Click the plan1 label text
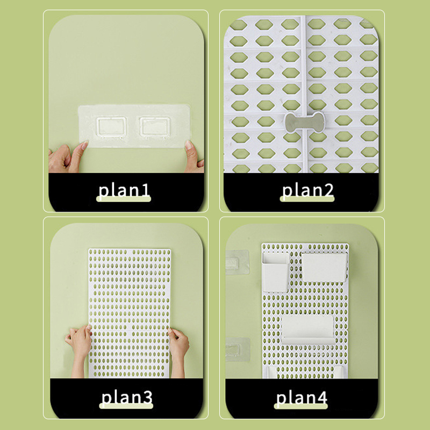coord(124,190)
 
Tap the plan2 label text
coord(307,190)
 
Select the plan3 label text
coord(127,397)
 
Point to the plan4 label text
coord(302,397)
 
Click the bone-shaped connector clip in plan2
coord(305,122)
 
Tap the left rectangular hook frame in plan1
coord(111,127)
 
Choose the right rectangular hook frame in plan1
coord(155,127)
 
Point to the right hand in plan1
coord(194,157)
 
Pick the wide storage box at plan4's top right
coord(324,267)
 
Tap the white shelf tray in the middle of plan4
coord(307,329)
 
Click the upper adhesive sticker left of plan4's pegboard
coord(238,262)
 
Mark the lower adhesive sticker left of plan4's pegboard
coord(238,349)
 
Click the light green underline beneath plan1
coord(124,199)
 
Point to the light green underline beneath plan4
coord(301,406)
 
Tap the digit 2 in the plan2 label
coord(328,190)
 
